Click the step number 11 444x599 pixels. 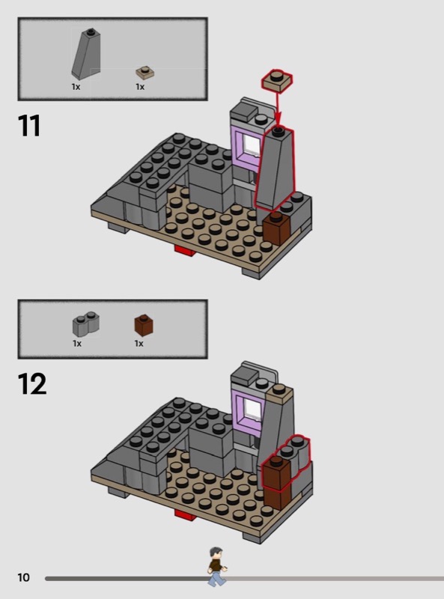[x=29, y=126]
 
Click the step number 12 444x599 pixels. [x=32, y=384]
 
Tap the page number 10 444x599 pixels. [x=23, y=577]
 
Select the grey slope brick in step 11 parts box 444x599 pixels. [x=86, y=54]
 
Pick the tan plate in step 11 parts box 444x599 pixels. [x=145, y=73]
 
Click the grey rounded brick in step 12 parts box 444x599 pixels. [x=86, y=324]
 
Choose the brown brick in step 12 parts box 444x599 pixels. [x=144, y=325]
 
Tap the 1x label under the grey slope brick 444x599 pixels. [x=76, y=87]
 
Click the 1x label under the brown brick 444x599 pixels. [x=139, y=344]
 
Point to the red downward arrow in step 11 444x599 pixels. [x=278, y=109]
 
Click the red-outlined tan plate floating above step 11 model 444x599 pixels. [x=277, y=81]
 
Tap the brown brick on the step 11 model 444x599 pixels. [x=276, y=228]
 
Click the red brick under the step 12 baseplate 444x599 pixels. [x=186, y=514]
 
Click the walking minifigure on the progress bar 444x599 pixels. [x=217, y=566]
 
